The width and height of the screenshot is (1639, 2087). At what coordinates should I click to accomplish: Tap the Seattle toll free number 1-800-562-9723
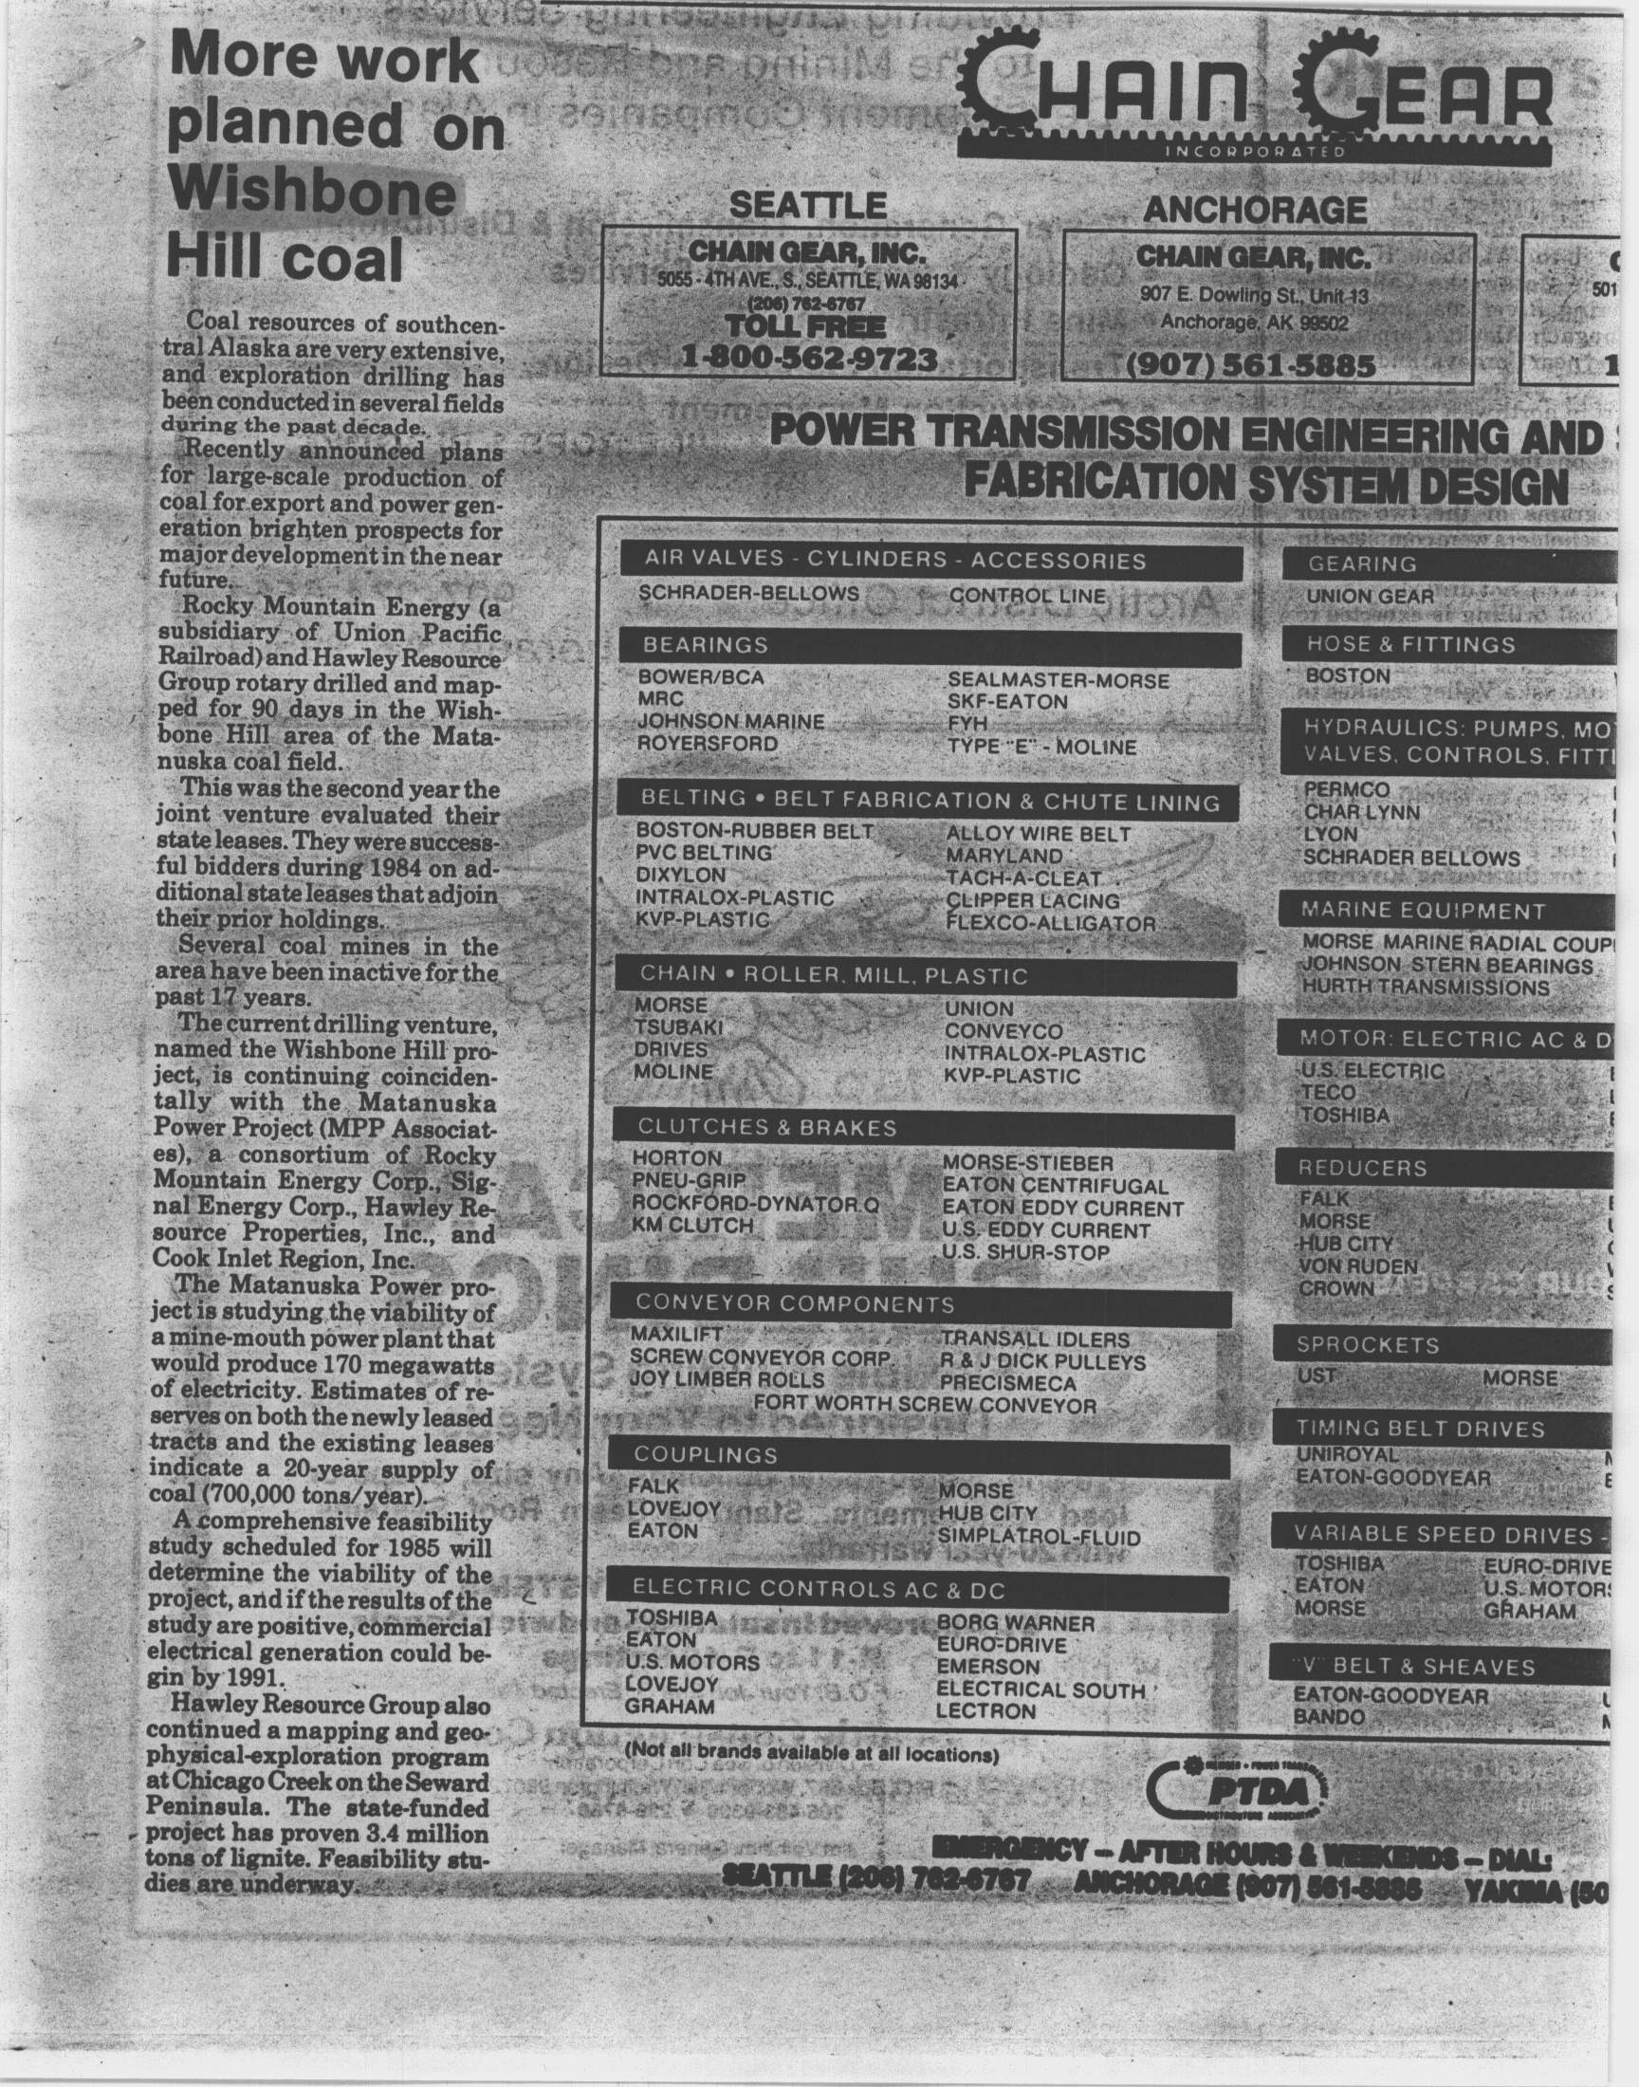(x=808, y=358)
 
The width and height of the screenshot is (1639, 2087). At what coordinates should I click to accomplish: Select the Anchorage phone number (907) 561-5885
(x=1251, y=365)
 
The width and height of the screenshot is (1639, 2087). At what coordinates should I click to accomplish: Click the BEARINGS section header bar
(x=929, y=646)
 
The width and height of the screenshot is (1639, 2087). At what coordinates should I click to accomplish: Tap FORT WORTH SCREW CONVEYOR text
(x=924, y=1406)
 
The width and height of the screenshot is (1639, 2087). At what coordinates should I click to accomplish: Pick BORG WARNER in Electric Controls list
(x=1014, y=1622)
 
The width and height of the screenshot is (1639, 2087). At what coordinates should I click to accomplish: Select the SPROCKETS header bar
(x=1440, y=1344)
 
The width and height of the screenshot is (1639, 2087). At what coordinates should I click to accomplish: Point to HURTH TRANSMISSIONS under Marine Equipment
(x=1425, y=988)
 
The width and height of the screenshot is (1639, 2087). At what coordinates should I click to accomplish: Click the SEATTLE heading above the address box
(x=807, y=204)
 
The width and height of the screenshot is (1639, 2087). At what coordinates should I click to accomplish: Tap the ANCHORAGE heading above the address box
(x=1254, y=210)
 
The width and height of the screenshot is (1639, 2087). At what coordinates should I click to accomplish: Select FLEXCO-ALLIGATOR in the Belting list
(x=1050, y=924)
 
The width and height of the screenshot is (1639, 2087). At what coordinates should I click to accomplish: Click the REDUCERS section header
(x=1440, y=1168)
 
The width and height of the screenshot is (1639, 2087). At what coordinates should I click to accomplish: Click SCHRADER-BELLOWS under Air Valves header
(x=748, y=594)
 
